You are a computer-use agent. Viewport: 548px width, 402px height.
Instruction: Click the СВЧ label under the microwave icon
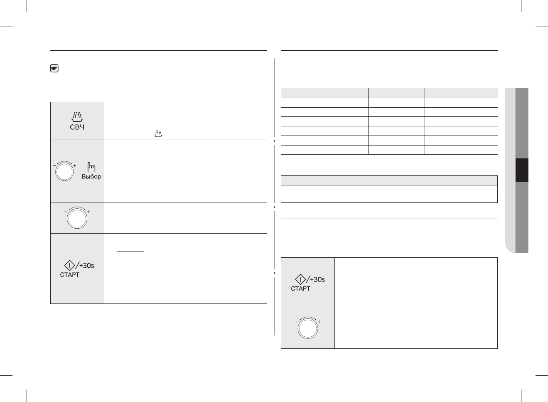(x=77, y=127)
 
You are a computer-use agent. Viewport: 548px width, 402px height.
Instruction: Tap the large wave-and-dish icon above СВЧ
(x=77, y=117)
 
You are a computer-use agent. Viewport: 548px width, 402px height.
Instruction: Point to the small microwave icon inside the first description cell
(x=158, y=133)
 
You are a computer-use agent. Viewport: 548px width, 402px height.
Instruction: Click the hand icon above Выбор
(x=91, y=167)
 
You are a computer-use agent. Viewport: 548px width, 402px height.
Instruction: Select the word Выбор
(x=91, y=177)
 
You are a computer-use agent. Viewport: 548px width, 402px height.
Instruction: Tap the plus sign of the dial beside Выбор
(x=75, y=166)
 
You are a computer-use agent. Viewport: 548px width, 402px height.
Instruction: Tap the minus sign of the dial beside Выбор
(x=54, y=166)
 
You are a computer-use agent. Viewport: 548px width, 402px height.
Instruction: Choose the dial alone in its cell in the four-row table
(x=77, y=219)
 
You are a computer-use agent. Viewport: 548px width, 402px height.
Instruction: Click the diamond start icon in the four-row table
(x=69, y=265)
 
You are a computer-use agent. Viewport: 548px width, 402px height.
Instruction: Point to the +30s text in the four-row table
(x=86, y=266)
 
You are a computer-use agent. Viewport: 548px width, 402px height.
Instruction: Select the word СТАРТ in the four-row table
(x=70, y=275)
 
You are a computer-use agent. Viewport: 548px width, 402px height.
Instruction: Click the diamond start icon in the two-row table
(x=300, y=279)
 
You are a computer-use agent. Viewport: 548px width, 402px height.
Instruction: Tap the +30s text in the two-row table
(x=317, y=279)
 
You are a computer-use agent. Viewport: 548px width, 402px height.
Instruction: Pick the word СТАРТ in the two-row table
(x=300, y=289)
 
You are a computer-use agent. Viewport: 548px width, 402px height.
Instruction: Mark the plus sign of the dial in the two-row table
(x=319, y=322)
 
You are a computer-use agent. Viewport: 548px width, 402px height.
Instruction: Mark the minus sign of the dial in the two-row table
(x=297, y=322)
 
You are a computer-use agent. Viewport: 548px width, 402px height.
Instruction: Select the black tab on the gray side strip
(x=522, y=170)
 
